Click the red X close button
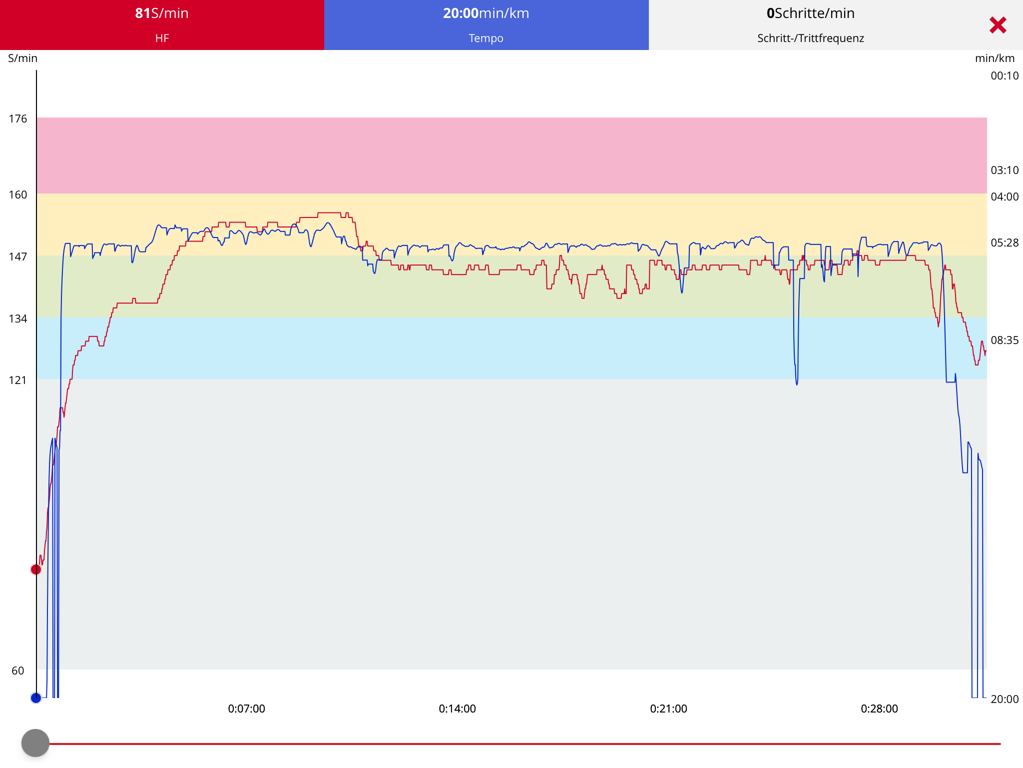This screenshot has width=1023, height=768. [x=998, y=25]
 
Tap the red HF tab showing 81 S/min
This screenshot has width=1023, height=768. [x=162, y=25]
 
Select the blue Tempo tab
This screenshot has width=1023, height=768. [x=486, y=25]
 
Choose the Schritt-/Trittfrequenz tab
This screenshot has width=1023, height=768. [x=810, y=25]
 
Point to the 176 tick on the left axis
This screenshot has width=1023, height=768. [x=18, y=119]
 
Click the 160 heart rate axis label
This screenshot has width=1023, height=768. [x=18, y=195]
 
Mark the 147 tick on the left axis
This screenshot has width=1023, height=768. [x=18, y=257]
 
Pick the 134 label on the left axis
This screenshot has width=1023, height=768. [x=18, y=319]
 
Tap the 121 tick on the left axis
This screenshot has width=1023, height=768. [x=18, y=380]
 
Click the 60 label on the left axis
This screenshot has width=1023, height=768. [x=18, y=671]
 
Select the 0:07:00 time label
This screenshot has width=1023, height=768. [x=246, y=709]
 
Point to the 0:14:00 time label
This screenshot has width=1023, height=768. [x=457, y=709]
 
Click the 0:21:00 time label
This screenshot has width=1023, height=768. [x=668, y=709]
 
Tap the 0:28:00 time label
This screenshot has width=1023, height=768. [x=879, y=709]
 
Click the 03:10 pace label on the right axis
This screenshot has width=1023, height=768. [x=1005, y=170]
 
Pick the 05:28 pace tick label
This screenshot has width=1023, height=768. [x=1005, y=243]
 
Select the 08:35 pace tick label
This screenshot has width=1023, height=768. [x=1005, y=340]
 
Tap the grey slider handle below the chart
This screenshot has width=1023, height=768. [x=35, y=743]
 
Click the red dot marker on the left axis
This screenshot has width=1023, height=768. [x=36, y=569]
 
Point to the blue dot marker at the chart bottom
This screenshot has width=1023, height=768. [x=36, y=698]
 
